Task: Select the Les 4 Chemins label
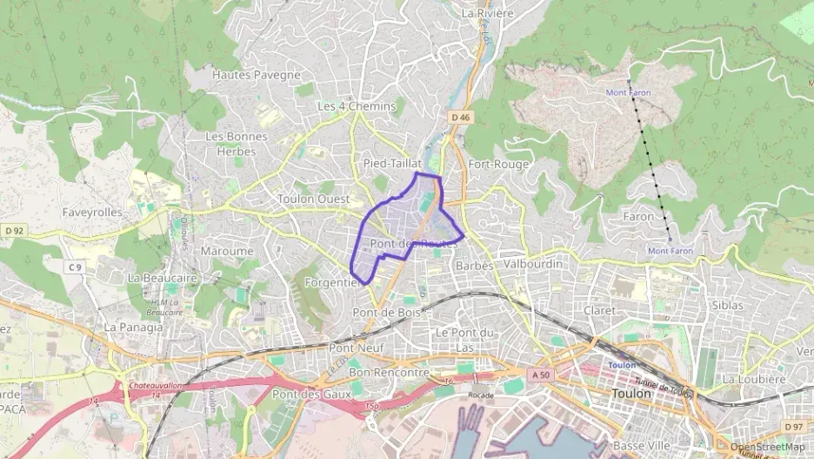click(356, 106)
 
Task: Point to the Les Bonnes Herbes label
click(230, 144)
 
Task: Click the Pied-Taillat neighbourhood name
click(391, 163)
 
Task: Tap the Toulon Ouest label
click(313, 199)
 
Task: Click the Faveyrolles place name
click(92, 212)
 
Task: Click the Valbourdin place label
click(533, 263)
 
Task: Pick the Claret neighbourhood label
click(600, 310)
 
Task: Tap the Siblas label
click(727, 306)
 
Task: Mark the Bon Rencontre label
click(389, 372)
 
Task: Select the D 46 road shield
click(460, 116)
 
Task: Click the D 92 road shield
click(13, 231)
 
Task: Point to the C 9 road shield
click(77, 267)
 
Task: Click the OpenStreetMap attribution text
click(767, 447)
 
